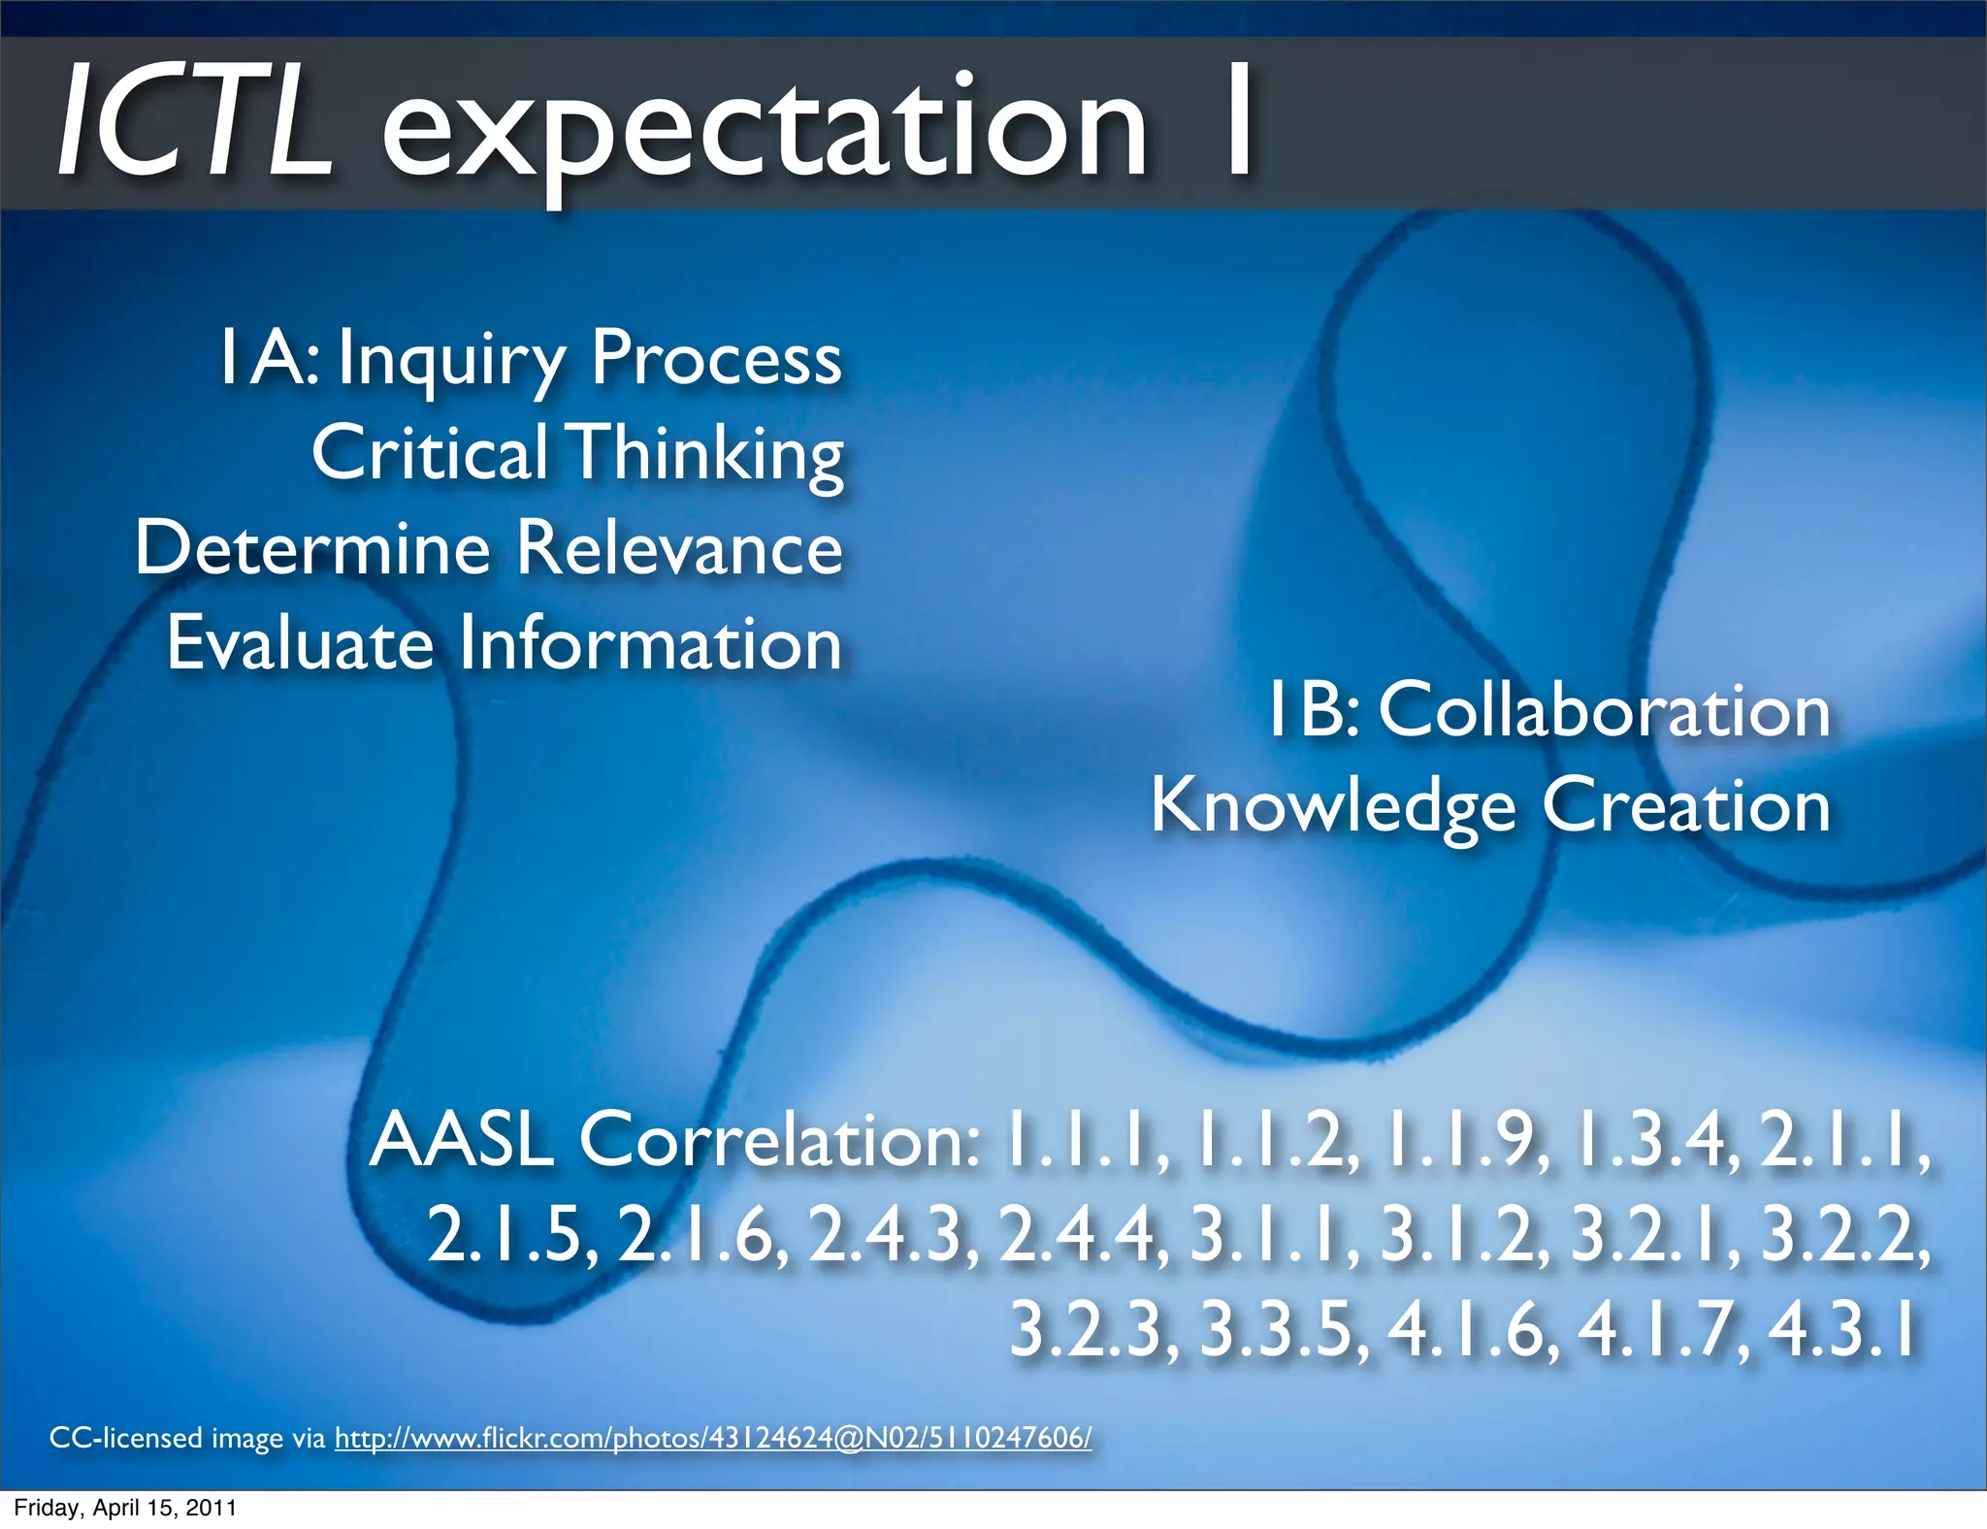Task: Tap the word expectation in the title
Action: (765, 131)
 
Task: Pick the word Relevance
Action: (679, 548)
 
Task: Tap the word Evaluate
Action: (300, 644)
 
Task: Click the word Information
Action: (650, 644)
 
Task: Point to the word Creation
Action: (1686, 806)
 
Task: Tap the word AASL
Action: (461, 1140)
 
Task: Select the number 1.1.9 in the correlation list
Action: (1462, 1140)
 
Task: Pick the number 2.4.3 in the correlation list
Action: (893, 1235)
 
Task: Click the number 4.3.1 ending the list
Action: (1843, 1329)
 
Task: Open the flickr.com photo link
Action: (713, 1438)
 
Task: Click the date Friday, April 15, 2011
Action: (125, 1508)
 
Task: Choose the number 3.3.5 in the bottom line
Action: (1283, 1329)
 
